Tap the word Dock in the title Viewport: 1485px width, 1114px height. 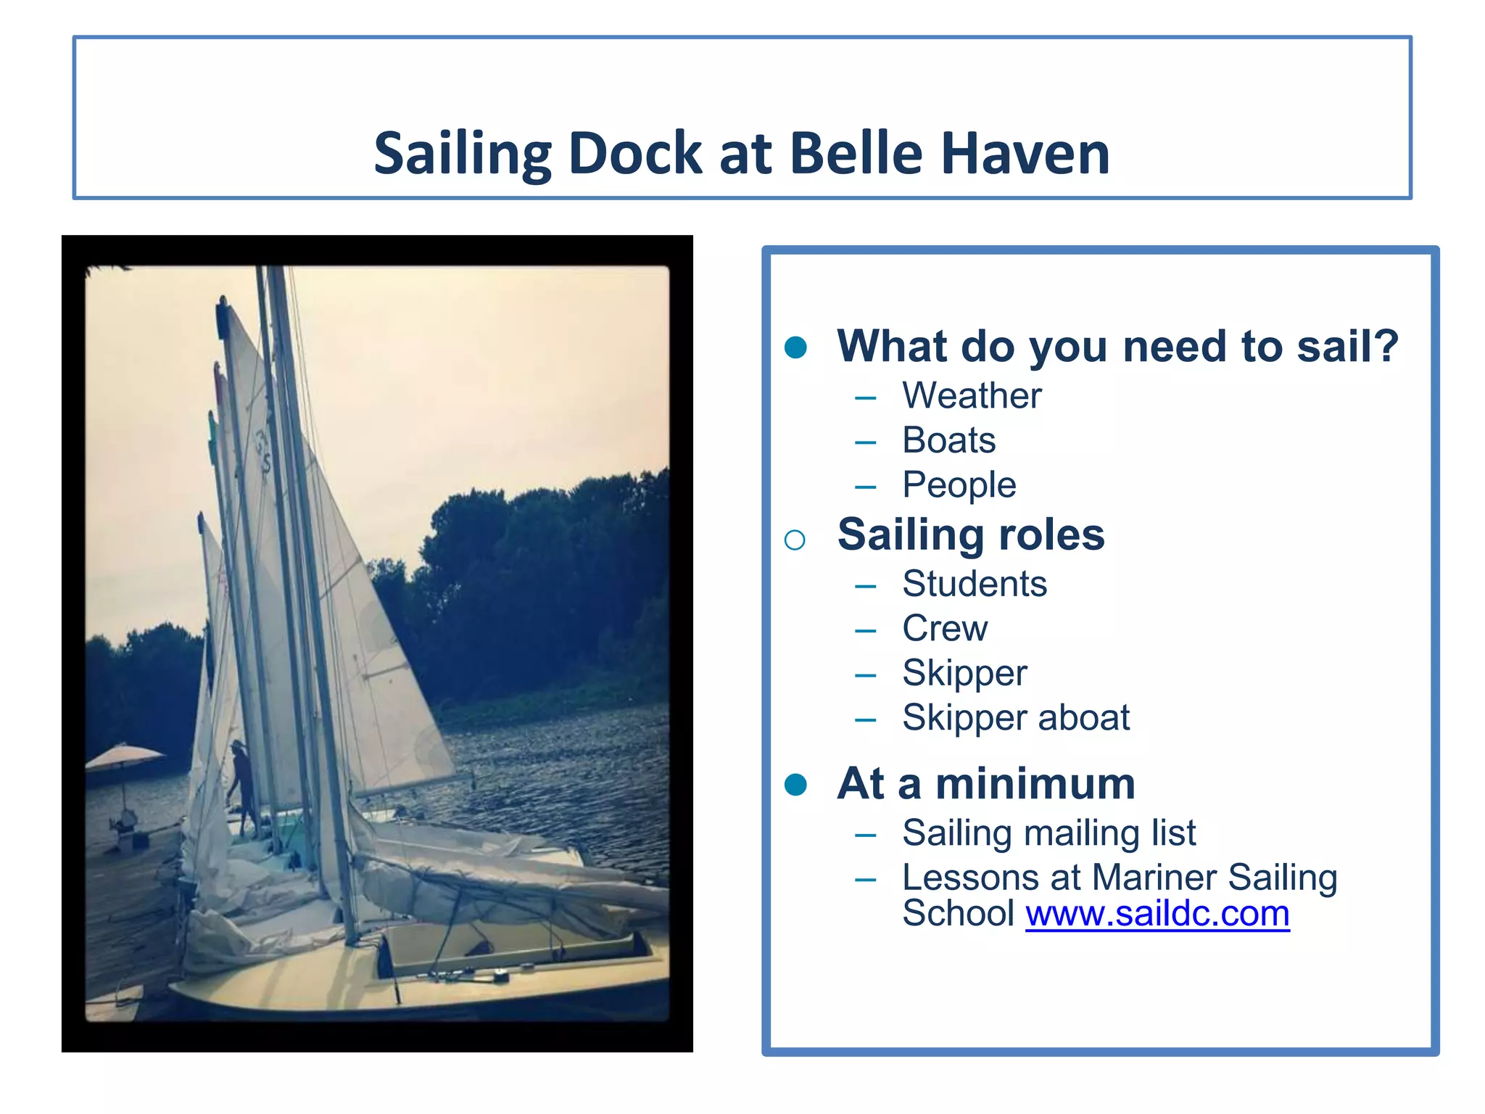coord(635,154)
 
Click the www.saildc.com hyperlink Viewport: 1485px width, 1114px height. coord(1157,914)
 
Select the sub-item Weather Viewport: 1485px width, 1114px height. coord(972,396)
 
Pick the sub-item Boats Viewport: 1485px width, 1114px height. coord(948,440)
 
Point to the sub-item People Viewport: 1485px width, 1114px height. coord(959,485)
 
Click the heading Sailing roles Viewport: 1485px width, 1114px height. coord(970,535)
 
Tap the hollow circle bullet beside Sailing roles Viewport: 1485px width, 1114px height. coord(795,540)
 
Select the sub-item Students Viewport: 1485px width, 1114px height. coord(975,584)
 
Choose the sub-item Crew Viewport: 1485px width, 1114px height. coord(944,628)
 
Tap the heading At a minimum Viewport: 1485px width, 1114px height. coord(986,784)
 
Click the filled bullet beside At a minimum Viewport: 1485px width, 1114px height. coord(795,785)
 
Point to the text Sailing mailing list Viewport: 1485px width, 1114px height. coord(1048,833)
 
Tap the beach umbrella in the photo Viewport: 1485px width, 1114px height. coord(123,756)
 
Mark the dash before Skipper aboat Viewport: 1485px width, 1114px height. coord(865,720)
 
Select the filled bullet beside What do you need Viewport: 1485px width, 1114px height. coord(795,347)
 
